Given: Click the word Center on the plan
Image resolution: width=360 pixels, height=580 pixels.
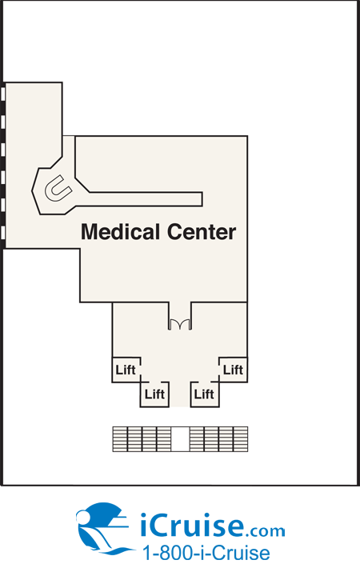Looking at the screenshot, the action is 202,232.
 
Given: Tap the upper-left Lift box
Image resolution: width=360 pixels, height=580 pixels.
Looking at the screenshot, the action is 126,370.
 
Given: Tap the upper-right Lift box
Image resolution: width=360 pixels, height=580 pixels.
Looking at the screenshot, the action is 233,370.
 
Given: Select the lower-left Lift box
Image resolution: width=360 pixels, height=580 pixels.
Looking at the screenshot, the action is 154,394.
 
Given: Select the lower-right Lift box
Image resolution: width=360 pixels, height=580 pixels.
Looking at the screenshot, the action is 205,394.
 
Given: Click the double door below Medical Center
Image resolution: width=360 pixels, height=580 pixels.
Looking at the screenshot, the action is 180,324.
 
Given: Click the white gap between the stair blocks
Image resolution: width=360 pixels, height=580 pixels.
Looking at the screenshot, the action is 180,439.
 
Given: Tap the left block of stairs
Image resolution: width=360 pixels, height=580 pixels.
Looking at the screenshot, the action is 142,439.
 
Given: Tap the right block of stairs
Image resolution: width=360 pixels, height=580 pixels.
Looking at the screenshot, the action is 218,439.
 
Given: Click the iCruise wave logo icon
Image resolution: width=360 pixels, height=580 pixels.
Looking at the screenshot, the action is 104,528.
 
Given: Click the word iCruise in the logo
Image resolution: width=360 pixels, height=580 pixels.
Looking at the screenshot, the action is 192,525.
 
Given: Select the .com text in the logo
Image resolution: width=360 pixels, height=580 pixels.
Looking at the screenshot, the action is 265,531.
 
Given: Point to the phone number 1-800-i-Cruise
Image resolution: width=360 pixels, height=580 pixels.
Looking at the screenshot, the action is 206,554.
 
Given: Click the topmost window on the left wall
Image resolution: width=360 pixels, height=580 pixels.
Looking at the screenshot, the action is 2,94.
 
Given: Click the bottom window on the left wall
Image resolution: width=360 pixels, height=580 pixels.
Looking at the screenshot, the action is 2,233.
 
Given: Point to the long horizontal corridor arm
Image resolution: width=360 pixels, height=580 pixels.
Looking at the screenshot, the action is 146,199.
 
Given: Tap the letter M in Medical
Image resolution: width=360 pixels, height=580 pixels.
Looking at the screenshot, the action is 89,232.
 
